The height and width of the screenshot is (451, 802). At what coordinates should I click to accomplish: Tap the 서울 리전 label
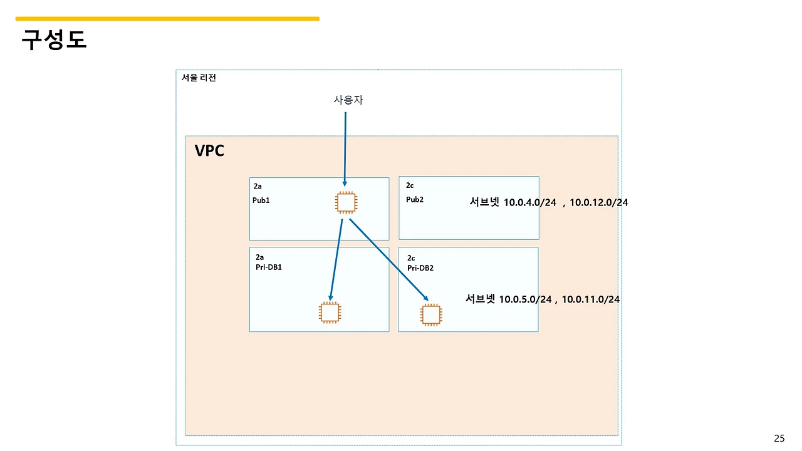click(199, 78)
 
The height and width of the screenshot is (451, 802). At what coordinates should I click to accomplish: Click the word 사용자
click(348, 100)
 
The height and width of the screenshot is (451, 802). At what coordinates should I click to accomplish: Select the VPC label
click(209, 151)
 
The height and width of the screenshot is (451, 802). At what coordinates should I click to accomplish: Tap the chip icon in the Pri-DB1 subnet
click(330, 313)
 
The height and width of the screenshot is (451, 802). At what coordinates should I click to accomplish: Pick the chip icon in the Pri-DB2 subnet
click(431, 314)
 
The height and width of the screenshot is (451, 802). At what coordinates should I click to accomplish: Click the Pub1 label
click(261, 200)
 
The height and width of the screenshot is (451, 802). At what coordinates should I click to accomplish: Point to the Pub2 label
click(415, 200)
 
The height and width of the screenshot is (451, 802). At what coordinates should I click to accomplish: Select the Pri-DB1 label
click(269, 267)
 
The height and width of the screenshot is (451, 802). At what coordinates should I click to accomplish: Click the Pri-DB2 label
click(420, 268)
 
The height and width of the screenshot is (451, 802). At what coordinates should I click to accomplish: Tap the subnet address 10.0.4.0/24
click(529, 202)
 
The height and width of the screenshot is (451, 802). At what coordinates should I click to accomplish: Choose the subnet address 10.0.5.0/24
click(525, 299)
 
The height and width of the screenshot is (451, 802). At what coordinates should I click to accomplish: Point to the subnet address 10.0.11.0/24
click(590, 299)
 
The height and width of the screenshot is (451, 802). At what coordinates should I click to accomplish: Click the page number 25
click(779, 438)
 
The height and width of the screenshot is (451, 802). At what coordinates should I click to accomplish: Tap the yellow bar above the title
click(167, 19)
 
